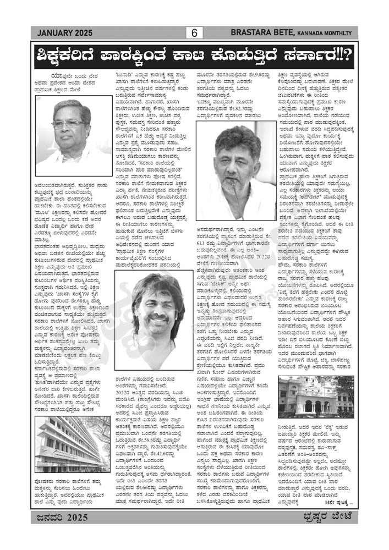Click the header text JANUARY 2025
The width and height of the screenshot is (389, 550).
(x=62, y=34)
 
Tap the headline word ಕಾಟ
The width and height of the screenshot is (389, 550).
(x=204, y=56)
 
